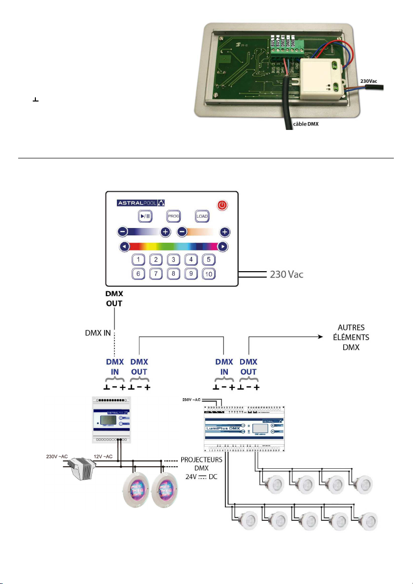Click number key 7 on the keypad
point(156,274)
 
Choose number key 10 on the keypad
point(208,274)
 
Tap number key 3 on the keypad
point(173,260)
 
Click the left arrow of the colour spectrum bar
point(125,247)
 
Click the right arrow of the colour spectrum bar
point(223,247)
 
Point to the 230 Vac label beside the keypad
point(285,275)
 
